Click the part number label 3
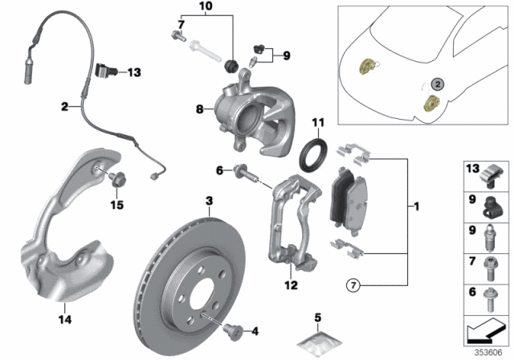click(207, 200)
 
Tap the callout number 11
click(317, 123)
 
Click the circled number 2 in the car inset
click(437, 83)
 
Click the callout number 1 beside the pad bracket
click(416, 207)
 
